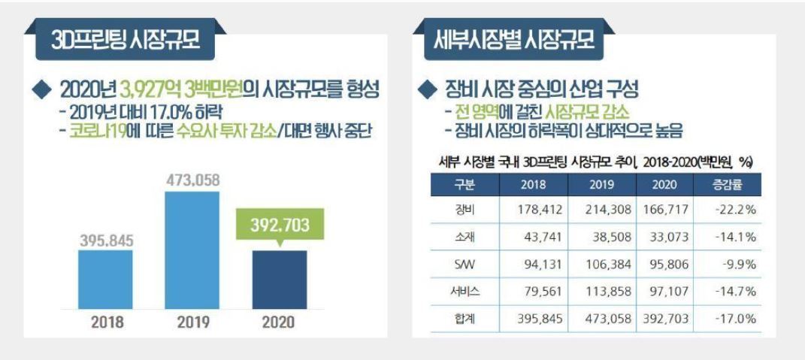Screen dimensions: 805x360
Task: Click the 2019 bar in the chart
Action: [x=192, y=250]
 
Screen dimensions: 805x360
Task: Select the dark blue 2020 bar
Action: [x=280, y=280]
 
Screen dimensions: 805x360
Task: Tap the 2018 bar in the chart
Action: [x=105, y=280]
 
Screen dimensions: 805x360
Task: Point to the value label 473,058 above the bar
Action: [x=192, y=180]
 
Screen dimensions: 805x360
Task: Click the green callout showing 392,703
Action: [x=280, y=225]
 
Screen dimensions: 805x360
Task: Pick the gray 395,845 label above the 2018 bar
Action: [x=106, y=241]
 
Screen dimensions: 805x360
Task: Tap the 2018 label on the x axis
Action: [x=107, y=322]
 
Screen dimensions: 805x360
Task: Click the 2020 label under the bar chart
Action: [x=279, y=322]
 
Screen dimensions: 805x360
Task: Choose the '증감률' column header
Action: [x=727, y=184]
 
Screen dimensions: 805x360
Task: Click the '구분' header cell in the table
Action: [x=465, y=184]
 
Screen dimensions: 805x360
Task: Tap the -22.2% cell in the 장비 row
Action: [x=734, y=210]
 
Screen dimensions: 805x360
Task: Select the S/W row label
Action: [x=465, y=265]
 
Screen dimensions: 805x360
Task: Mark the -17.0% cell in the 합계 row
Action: [x=734, y=319]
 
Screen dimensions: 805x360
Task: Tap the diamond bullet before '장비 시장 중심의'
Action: [x=425, y=91]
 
